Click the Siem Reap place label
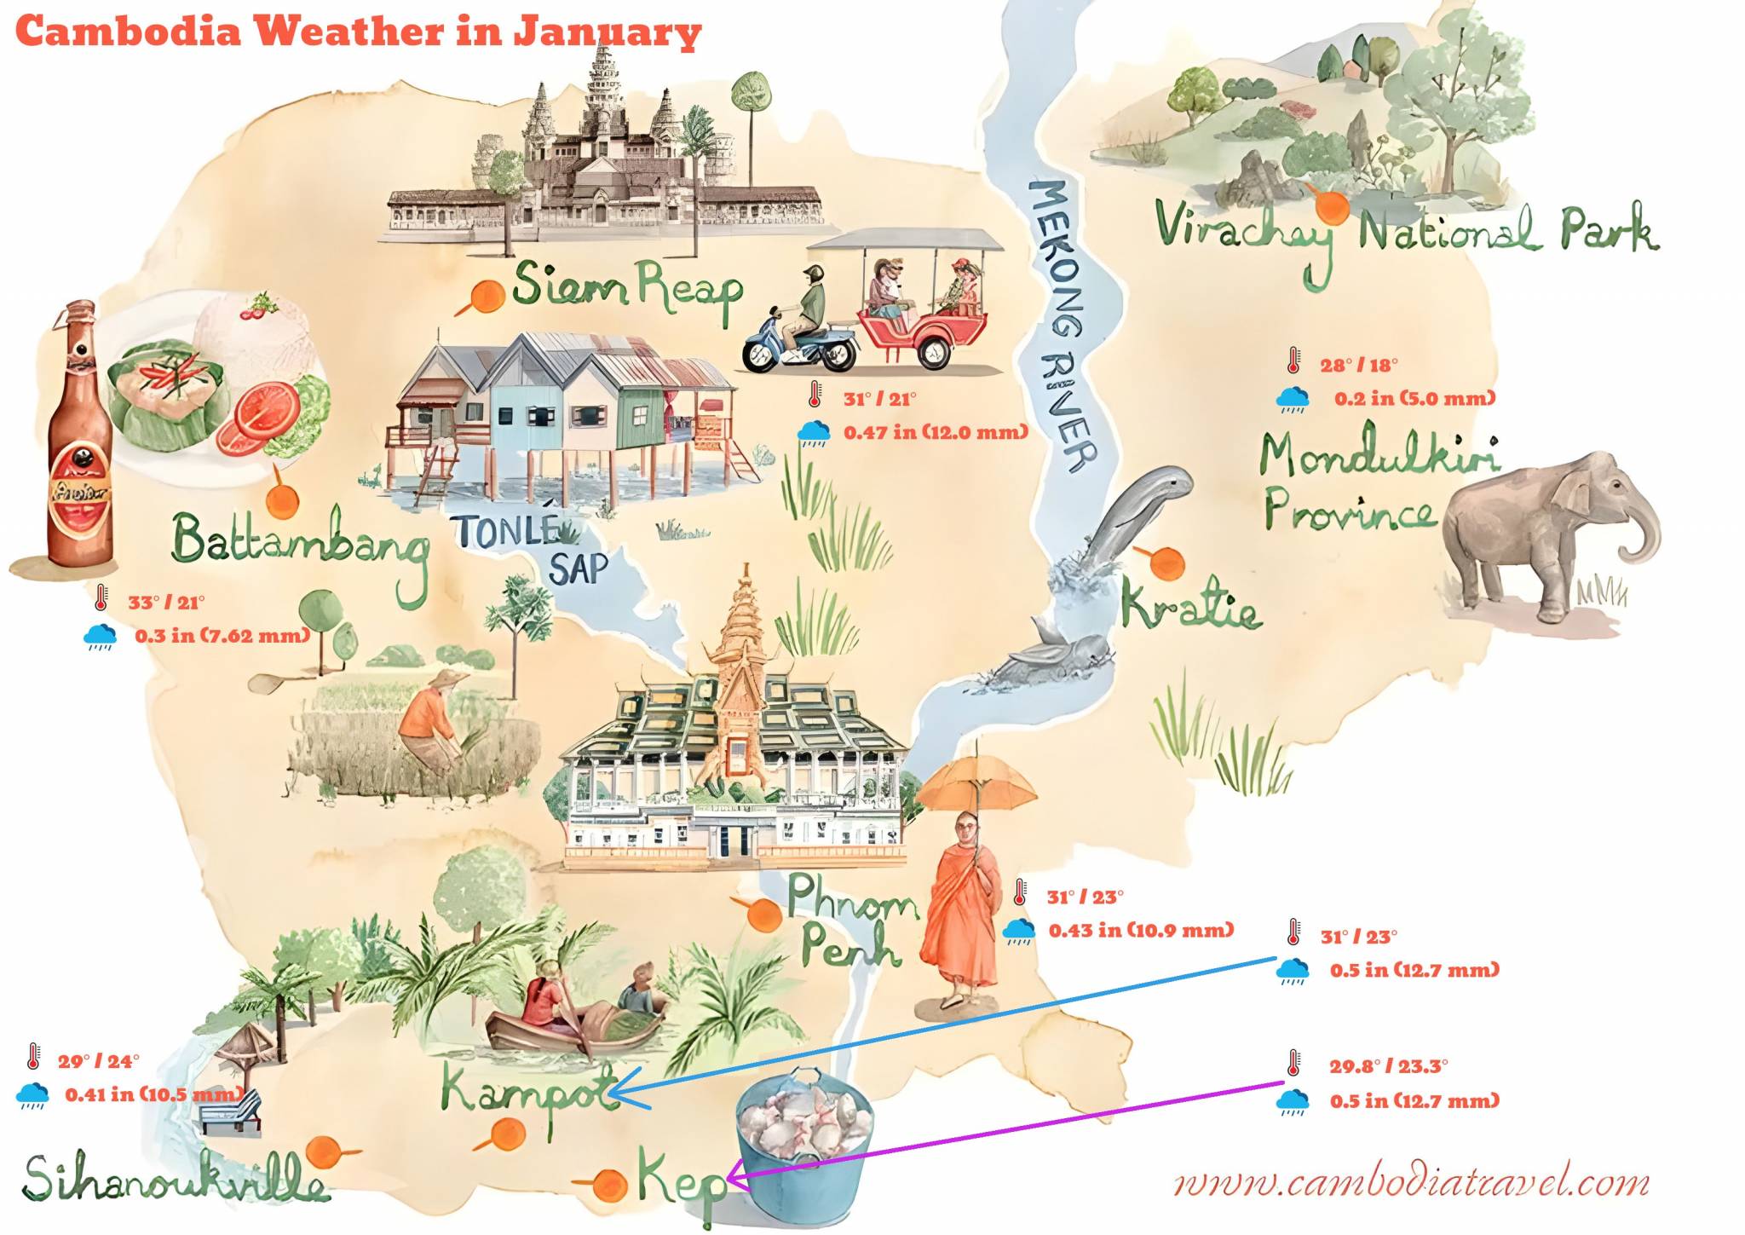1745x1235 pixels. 626,287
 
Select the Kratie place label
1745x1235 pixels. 1189,607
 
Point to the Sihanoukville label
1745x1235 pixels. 175,1180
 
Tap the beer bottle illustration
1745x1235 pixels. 80,439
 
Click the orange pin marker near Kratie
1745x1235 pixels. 1166,563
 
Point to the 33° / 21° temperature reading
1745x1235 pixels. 166,603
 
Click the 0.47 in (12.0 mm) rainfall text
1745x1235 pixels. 936,432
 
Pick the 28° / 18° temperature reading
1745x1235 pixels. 1359,366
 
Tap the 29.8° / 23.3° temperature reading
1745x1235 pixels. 1388,1065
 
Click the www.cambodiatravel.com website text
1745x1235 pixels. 1411,1183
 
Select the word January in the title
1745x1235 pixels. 608,32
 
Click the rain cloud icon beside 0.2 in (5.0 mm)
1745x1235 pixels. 1293,398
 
